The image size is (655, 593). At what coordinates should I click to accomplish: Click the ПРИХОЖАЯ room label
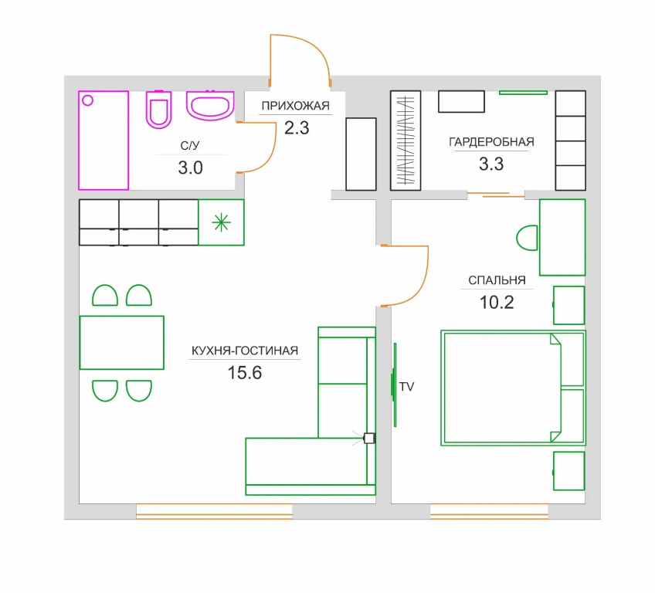295,106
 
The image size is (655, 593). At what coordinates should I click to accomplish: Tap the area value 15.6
245,373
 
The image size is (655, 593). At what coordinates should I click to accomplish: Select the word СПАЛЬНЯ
497,280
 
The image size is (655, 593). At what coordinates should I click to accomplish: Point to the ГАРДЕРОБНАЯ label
491,142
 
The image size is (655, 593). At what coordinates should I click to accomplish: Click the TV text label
406,387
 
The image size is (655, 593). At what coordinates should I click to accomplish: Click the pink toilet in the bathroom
159,109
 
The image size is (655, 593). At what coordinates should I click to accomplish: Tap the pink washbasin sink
209,105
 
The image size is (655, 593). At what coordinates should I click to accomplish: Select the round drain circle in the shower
88,100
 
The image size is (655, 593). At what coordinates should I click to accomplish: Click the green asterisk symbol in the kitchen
221,222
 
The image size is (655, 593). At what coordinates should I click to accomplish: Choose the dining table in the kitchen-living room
121,343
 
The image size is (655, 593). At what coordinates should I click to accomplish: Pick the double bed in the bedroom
513,388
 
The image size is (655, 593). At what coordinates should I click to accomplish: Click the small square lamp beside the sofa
369,438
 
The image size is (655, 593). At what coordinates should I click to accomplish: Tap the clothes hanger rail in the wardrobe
406,141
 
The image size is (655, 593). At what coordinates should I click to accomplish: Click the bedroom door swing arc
421,283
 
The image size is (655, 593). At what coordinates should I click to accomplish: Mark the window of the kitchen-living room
214,511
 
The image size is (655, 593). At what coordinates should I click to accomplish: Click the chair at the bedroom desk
527,238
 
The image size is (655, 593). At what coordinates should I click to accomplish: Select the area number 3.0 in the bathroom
191,168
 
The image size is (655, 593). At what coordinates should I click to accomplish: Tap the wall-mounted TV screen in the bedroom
395,385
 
